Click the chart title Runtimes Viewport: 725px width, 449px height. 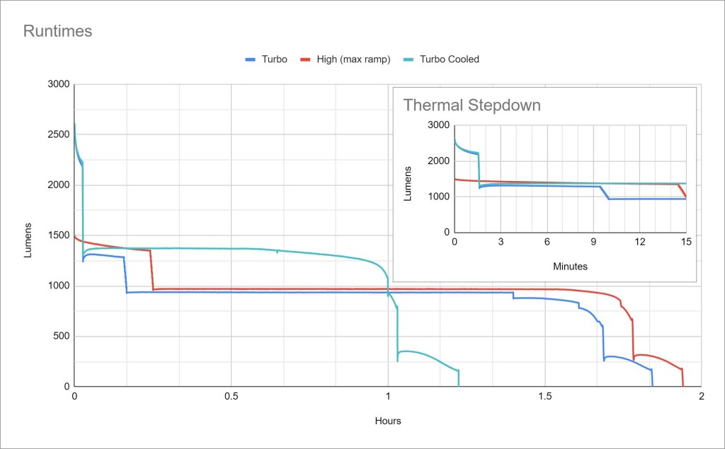point(58,31)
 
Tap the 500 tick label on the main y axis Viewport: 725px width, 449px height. point(61,337)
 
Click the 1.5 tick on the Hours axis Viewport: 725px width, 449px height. point(544,397)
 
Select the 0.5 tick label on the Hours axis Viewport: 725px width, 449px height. point(231,397)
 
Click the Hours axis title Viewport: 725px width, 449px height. point(388,421)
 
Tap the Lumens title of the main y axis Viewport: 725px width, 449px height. point(28,241)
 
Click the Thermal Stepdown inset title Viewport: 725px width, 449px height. point(472,106)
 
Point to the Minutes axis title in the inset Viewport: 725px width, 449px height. point(570,267)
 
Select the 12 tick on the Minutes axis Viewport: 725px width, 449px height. point(639,242)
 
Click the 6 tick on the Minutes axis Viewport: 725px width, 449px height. point(547,242)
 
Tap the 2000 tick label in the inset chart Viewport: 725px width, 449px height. point(439,161)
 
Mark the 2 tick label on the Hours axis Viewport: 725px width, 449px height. point(701,397)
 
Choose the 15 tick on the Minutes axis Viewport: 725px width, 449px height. point(685,242)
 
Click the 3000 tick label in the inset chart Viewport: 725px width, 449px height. point(439,125)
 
